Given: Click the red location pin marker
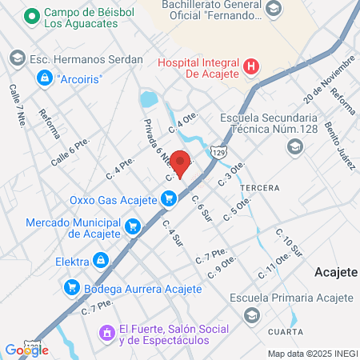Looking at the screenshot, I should point(181,162).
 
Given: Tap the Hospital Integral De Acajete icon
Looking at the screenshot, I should point(251,67).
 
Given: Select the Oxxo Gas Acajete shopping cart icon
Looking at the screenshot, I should point(168,198).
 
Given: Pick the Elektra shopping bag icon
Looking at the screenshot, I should point(100,260).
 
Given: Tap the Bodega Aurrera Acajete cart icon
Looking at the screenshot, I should point(72,287).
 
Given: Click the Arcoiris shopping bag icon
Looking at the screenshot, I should point(45,79).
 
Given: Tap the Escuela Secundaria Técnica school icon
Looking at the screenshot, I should point(295,146).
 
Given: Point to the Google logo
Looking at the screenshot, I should point(26,350).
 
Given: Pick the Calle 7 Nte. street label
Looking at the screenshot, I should point(17,102).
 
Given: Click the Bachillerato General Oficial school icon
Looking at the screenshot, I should point(273,9).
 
